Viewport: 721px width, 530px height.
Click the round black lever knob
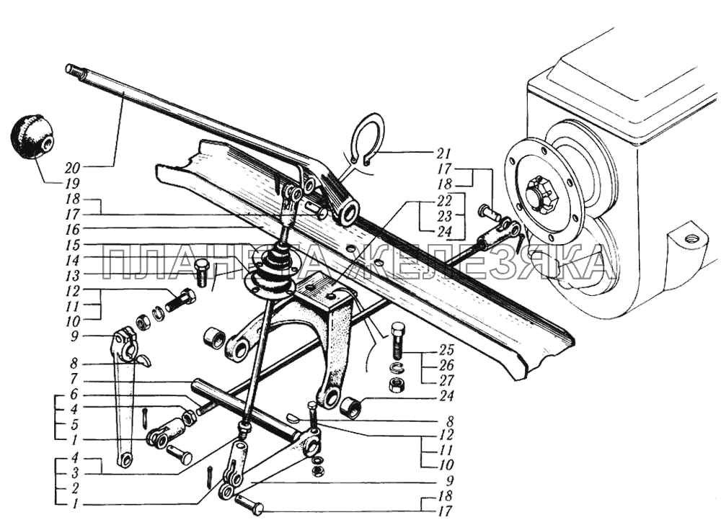click(x=30, y=138)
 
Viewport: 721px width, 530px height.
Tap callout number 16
click(x=72, y=229)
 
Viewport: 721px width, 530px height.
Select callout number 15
click(x=72, y=244)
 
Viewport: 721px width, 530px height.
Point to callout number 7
click(x=74, y=379)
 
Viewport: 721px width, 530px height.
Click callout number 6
click(x=74, y=395)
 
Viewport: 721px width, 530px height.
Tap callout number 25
click(x=446, y=349)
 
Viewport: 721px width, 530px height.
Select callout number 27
click(x=446, y=380)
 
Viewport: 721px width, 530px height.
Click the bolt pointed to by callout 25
click(x=399, y=341)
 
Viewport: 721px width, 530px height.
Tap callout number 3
click(x=74, y=472)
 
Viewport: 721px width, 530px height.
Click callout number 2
click(x=74, y=488)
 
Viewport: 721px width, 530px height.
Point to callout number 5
click(x=74, y=424)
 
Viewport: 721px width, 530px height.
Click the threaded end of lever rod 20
click(x=74, y=71)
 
